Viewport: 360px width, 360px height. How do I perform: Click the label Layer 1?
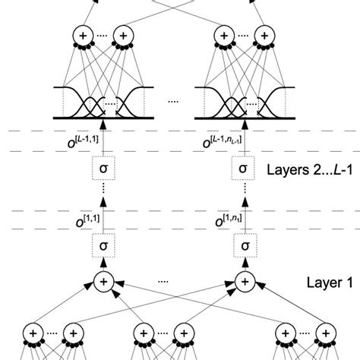[308, 282]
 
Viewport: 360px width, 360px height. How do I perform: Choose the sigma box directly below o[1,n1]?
[243, 246]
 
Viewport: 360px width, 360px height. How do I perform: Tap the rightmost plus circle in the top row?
[263, 36]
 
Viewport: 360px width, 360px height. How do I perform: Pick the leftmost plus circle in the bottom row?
[33, 333]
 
